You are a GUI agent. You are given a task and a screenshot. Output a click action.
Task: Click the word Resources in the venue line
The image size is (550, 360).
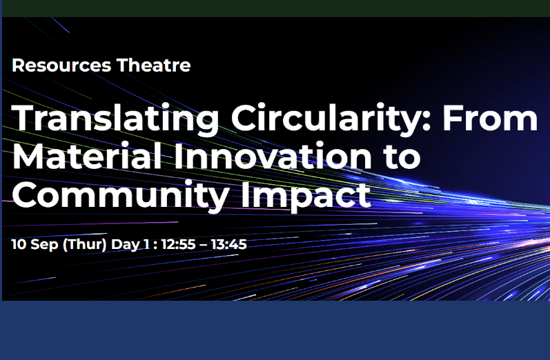(61, 66)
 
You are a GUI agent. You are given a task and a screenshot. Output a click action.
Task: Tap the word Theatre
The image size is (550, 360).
(154, 66)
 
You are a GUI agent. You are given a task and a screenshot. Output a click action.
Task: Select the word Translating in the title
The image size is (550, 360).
(115, 119)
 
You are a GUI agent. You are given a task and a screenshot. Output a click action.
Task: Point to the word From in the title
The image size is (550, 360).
(490, 118)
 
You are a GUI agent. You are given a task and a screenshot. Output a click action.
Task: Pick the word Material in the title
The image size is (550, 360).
(87, 156)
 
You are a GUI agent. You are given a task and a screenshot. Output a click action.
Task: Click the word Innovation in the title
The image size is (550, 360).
(272, 156)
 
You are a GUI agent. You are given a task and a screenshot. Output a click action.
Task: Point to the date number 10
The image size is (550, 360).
(19, 244)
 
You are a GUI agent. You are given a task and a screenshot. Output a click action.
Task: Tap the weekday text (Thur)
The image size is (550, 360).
(84, 245)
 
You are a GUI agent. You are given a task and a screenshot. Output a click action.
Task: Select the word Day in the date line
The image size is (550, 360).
(125, 245)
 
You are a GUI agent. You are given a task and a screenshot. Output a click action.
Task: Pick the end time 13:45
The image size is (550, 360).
(229, 244)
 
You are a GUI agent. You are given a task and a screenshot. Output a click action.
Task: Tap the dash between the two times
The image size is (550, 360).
(204, 246)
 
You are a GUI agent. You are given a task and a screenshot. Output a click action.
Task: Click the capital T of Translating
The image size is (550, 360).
(24, 118)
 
